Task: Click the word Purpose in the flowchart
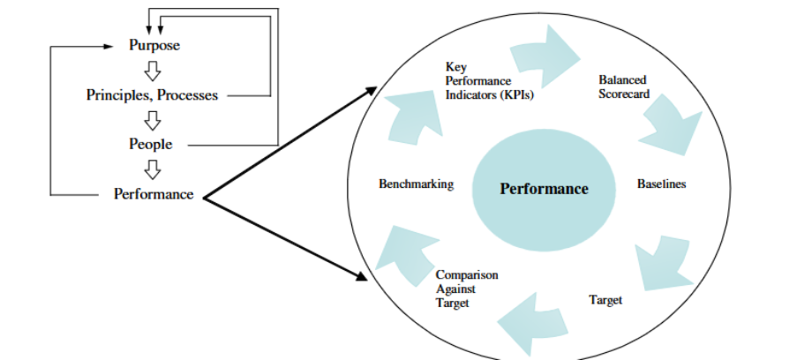coord(154,46)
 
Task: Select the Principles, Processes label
coord(151,95)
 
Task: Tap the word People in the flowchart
coord(151,144)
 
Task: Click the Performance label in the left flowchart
coord(153,194)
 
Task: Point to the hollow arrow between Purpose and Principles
coord(153,71)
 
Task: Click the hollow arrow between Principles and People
coord(153,119)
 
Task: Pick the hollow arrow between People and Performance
coord(153,169)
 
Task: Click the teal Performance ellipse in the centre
coord(544,188)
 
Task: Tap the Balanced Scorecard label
coord(623,86)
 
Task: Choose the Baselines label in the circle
coord(661,184)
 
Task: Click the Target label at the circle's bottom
coord(605,301)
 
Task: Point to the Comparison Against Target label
coord(466,289)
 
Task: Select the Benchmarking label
coord(416,184)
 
